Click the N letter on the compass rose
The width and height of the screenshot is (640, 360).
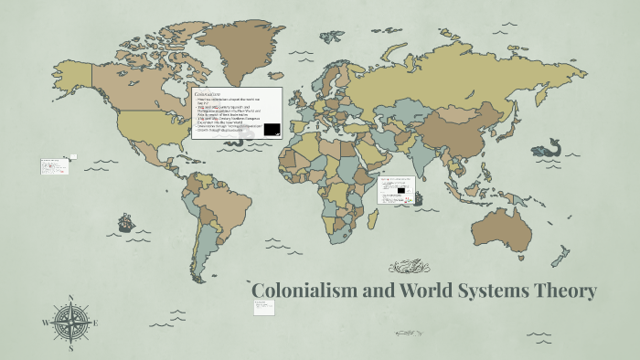(x=69, y=299)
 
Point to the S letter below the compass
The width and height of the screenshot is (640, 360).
(x=69, y=348)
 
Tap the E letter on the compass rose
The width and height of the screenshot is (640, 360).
(x=94, y=323)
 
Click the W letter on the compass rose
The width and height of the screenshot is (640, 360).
(x=45, y=323)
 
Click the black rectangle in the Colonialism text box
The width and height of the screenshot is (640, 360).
(x=272, y=130)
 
